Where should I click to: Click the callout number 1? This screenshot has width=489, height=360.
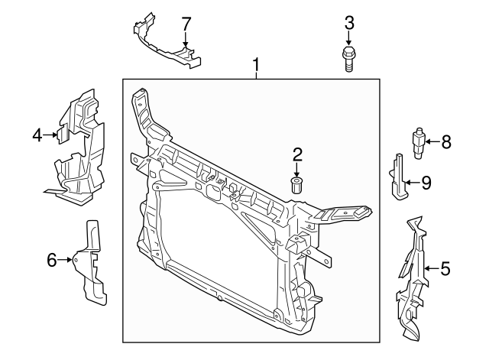pyautogui.click(x=256, y=65)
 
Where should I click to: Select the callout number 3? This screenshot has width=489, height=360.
pyautogui.click(x=349, y=22)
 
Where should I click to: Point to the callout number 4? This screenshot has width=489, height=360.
pyautogui.click(x=37, y=135)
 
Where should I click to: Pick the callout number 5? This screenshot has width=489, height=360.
pyautogui.click(x=445, y=268)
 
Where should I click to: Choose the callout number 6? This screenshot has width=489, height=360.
pyautogui.click(x=52, y=260)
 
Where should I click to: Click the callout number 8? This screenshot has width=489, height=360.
pyautogui.click(x=446, y=141)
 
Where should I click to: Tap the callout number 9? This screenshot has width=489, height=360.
pyautogui.click(x=426, y=182)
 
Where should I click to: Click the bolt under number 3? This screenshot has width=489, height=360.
pyautogui.click(x=348, y=58)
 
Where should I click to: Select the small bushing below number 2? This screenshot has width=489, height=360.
pyautogui.click(x=298, y=184)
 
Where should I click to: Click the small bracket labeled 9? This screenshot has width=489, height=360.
pyautogui.click(x=398, y=176)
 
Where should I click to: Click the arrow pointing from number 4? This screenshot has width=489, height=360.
pyautogui.click(x=51, y=135)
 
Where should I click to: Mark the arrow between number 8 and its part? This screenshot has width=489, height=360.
pyautogui.click(x=432, y=141)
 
